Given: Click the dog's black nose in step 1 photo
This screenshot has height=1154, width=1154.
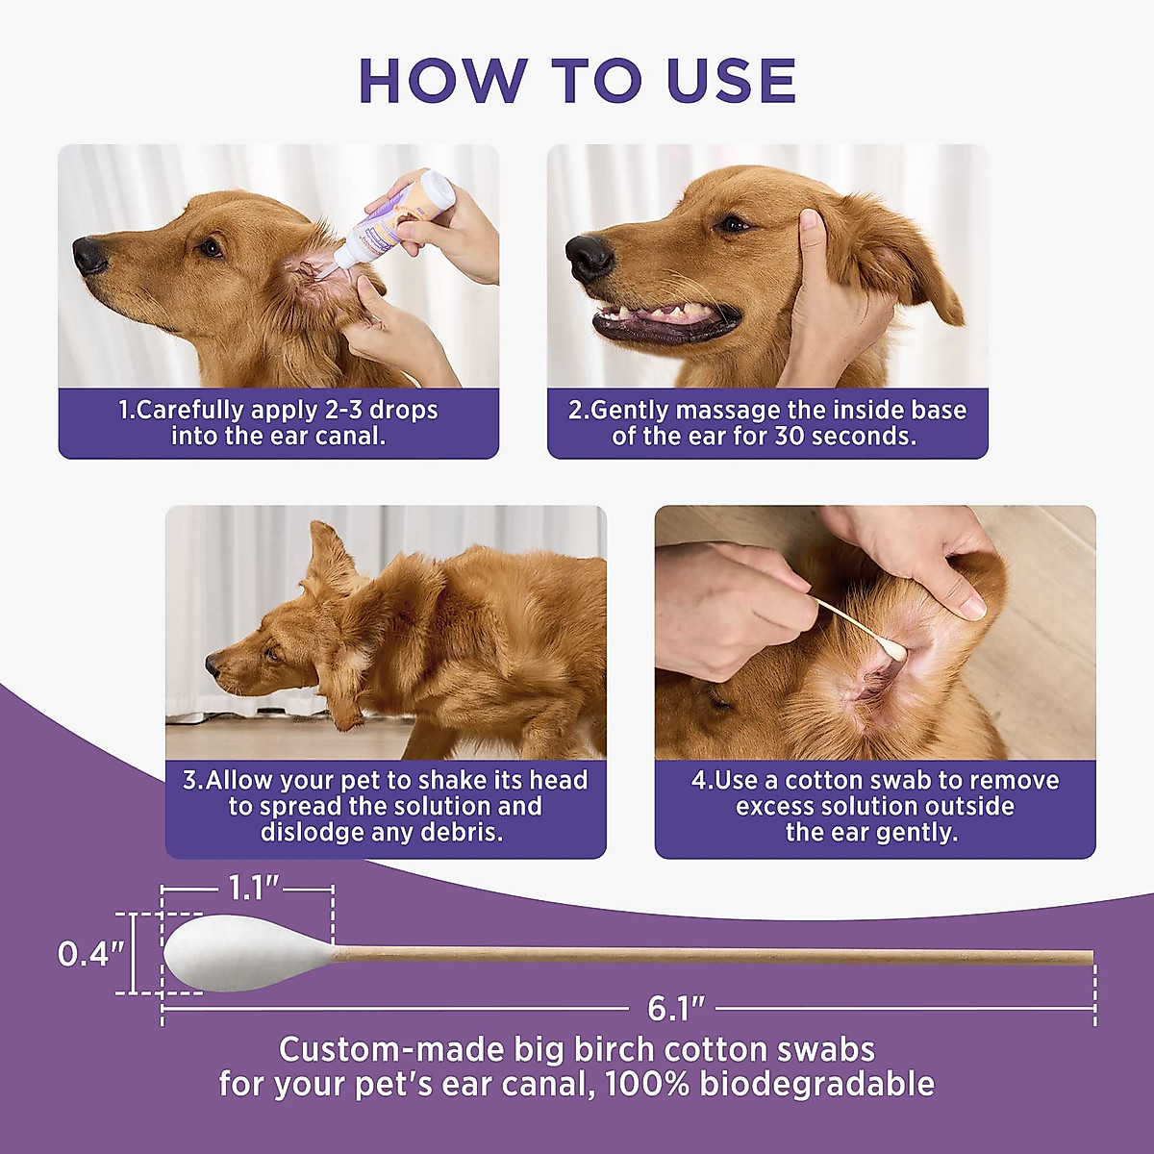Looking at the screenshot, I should point(90,256).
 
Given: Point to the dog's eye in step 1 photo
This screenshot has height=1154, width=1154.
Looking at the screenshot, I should point(211,248).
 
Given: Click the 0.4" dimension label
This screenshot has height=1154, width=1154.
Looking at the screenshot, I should point(90,954).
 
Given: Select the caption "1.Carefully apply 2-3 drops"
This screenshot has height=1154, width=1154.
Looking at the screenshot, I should point(278,411).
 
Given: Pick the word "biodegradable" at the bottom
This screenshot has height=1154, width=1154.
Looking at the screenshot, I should point(816,1084).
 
